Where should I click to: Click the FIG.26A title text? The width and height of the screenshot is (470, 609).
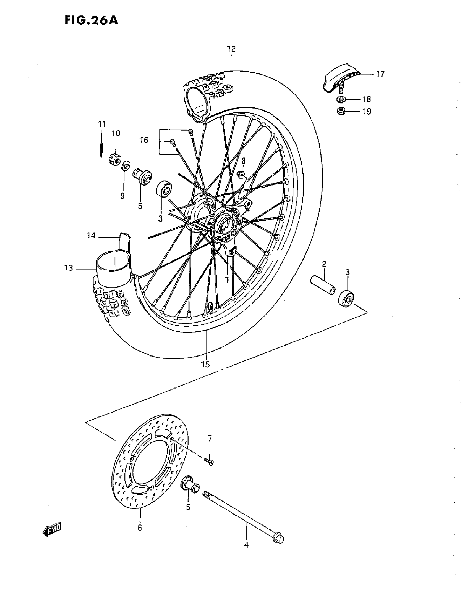[x=91, y=20]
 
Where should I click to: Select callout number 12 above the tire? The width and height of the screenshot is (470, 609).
[x=231, y=49]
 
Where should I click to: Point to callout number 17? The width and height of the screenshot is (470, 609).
[x=380, y=74]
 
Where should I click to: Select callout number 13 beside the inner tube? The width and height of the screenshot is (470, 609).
[x=68, y=268]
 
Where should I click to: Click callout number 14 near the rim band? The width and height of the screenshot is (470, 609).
[x=91, y=236]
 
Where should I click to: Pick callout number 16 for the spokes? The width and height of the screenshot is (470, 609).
[x=144, y=140]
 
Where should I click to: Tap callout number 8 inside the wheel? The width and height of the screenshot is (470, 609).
[x=243, y=161]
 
